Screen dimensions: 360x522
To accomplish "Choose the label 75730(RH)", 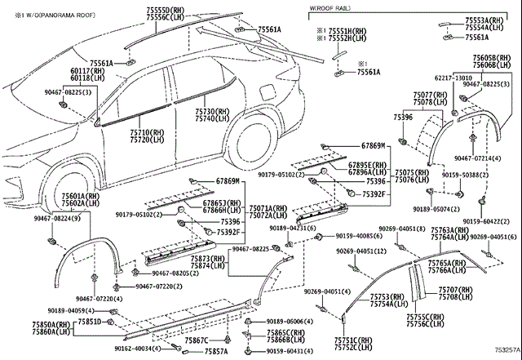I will (x=211, y=111).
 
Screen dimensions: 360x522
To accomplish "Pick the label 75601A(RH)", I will (x=80, y=197).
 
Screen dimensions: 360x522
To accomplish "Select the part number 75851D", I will (x=90, y=322).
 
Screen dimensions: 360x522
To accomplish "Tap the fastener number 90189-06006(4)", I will (x=288, y=322).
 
